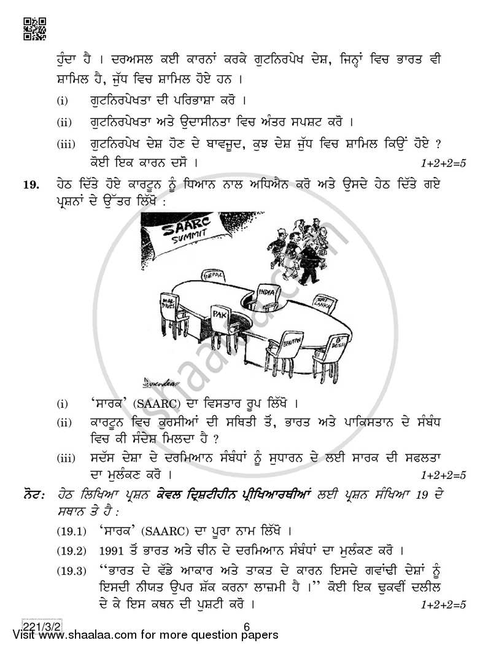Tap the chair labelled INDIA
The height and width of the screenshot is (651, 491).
coord(268,296)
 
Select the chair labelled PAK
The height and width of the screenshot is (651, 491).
coord(223,319)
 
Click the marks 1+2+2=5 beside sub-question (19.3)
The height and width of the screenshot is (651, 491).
coord(443,605)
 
